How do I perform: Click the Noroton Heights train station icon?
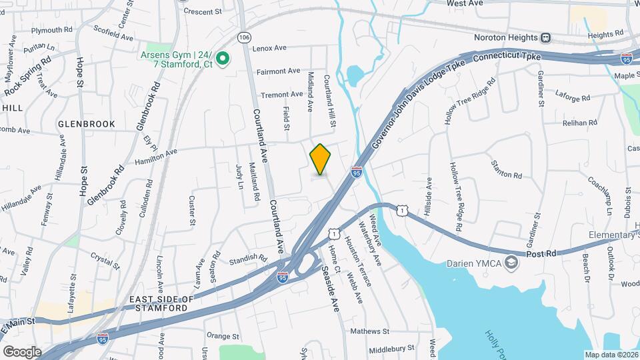coord(546,37)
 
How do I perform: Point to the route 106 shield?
coord(245,36)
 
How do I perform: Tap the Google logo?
coord(23,351)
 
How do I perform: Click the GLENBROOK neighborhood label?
coord(87,124)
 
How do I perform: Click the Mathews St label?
coord(369,331)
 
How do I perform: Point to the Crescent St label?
coord(202,11)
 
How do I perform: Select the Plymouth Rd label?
coord(51,30)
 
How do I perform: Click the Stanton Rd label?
coord(506,169)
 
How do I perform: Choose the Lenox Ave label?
coord(269,48)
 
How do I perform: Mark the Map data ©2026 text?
coord(611,355)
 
